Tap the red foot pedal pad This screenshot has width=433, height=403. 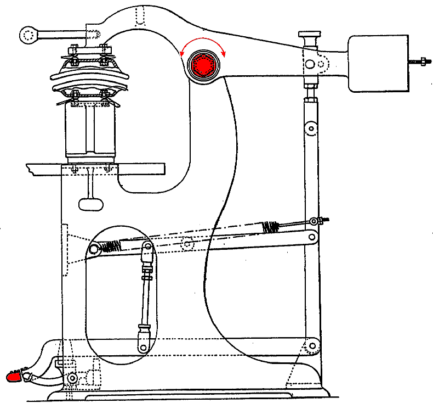[13, 376]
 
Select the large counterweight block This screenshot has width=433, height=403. [378, 63]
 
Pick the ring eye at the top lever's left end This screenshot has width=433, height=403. [28, 35]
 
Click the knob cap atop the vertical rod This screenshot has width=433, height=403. [310, 36]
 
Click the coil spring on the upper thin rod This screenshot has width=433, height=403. [271, 226]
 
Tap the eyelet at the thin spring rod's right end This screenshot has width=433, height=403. [314, 221]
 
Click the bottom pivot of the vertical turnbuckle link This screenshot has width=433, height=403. [143, 347]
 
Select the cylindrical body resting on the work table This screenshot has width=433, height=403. [90, 132]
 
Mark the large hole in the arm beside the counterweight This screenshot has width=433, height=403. [310, 64]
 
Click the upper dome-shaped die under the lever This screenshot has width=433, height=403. [91, 74]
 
